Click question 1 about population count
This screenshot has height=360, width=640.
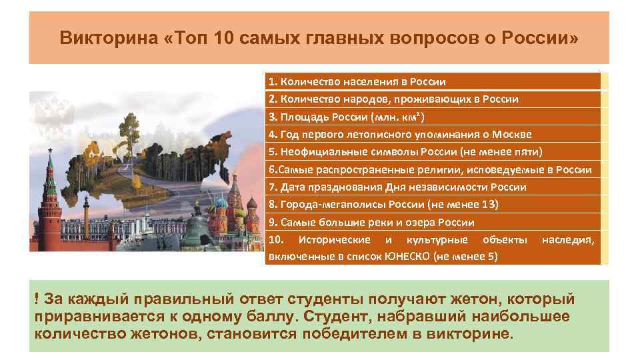tap(357, 82)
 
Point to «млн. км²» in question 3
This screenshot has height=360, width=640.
tap(382, 117)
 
